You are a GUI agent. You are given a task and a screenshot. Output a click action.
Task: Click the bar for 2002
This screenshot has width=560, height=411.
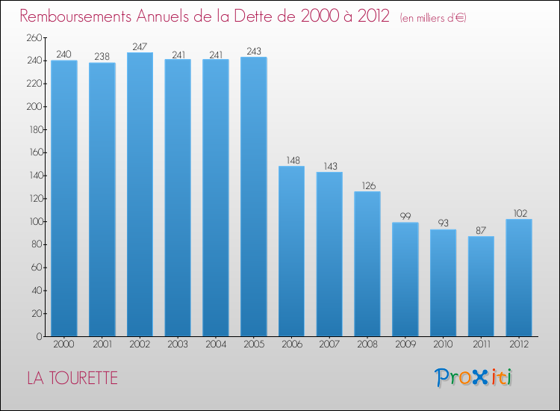140,194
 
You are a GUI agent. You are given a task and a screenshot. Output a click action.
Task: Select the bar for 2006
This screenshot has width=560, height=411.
291,251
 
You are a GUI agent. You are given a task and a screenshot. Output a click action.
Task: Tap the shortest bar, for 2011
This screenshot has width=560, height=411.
481,286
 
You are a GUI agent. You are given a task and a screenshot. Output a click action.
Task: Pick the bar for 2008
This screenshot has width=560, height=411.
367,264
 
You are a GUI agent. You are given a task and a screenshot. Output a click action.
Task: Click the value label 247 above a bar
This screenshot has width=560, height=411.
140,46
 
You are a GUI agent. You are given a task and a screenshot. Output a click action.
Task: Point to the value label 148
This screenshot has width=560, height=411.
291,160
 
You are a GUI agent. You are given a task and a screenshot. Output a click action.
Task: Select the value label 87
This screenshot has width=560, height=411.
481,230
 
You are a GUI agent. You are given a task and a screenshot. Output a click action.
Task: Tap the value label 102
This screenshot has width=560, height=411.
519,213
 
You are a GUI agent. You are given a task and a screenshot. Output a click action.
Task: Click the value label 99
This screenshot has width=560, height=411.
405,217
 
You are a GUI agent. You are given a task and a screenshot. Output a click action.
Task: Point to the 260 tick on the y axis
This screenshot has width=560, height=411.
34,37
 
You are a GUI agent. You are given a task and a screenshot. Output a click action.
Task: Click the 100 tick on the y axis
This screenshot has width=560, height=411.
34,222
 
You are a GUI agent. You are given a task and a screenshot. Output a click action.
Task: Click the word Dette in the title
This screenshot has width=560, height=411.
262,16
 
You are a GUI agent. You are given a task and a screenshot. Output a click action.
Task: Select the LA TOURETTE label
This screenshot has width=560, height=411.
72,378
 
